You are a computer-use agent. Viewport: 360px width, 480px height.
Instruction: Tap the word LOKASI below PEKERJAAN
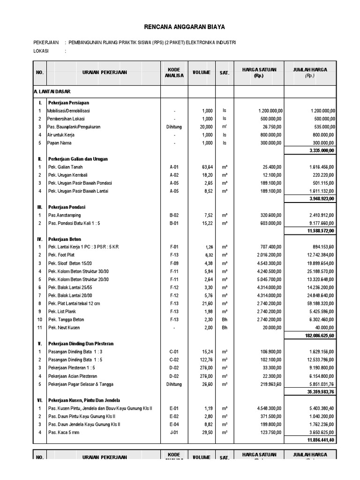coord(41,51)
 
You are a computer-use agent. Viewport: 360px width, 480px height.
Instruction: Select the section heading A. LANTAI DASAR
coord(52,91)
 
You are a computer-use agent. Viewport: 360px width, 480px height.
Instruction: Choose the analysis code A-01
coord(174,167)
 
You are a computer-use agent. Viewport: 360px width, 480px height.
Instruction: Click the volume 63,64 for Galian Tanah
coord(207,167)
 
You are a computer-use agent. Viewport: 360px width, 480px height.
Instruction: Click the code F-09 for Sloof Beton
coord(174,263)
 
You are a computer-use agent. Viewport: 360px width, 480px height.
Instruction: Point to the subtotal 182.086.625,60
coord(316,336)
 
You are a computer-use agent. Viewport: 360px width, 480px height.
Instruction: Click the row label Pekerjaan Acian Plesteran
coord(73,376)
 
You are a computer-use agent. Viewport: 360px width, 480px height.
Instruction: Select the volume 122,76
coord(205,360)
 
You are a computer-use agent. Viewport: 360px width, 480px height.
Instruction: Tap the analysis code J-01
coord(174,432)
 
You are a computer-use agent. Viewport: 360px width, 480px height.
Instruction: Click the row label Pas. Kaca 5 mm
coord(65,432)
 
